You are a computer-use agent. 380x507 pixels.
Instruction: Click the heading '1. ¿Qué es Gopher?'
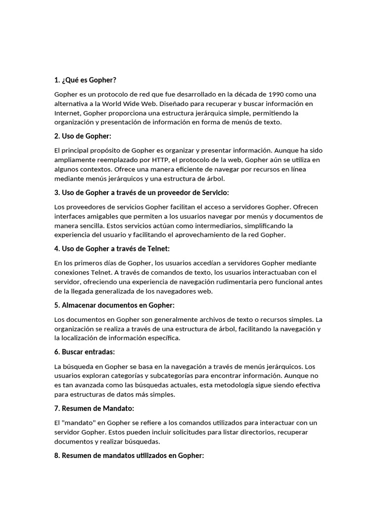tap(85, 80)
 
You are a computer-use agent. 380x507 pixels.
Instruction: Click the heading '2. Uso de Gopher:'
tap(83, 136)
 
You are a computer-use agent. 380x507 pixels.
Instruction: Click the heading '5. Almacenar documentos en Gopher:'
tap(114, 305)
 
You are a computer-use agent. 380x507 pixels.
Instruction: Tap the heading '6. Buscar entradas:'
tap(85, 352)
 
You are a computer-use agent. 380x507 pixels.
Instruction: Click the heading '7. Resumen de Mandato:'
tap(94, 408)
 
